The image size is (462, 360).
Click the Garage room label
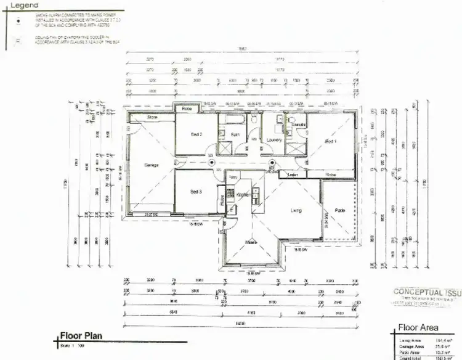tap(151, 165)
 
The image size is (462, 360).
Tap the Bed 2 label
tap(197, 134)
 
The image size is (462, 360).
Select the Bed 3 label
tap(197, 192)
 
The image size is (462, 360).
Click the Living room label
tap(296, 211)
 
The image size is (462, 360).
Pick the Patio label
tap(339, 211)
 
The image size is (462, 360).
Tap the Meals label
tap(251, 242)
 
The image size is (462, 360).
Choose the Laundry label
tap(274, 140)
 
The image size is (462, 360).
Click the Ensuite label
tap(299, 125)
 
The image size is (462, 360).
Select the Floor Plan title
tap(81, 336)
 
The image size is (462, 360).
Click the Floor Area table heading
tap(419, 328)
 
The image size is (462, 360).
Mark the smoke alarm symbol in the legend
tap(20, 20)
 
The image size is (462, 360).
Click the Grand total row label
tap(410, 357)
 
